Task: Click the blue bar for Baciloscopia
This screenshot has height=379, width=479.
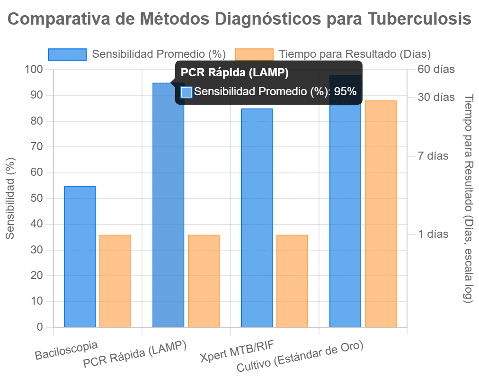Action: tap(80, 256)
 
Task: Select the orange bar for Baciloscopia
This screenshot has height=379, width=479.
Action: tap(115, 280)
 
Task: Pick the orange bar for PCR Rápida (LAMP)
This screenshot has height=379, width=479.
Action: tap(204, 280)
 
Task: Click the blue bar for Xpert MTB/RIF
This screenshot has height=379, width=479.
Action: tap(257, 218)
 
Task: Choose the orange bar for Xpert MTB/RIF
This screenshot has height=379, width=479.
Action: tap(292, 280)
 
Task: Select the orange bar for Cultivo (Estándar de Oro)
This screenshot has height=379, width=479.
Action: tap(381, 213)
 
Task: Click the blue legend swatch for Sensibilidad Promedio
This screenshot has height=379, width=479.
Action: tap(67, 54)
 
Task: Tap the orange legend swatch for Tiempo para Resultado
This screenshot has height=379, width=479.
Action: tap(255, 54)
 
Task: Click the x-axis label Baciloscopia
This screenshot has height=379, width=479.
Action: tap(67, 350)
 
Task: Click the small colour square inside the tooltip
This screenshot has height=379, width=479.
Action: tap(186, 92)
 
